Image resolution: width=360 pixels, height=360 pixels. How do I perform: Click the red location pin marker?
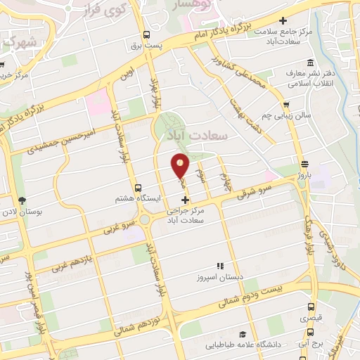click(181, 165)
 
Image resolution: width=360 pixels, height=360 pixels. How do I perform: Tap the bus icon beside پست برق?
click(146, 34)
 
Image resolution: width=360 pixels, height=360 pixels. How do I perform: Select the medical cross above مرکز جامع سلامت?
click(283, 21)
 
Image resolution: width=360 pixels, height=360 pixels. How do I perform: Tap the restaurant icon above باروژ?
click(302, 162)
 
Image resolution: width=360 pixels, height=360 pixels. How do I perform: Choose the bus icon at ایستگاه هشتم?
click(138, 188)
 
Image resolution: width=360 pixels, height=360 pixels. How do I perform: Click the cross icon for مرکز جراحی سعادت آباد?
click(185, 201)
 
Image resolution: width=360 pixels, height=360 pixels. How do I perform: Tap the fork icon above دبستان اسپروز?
click(219, 266)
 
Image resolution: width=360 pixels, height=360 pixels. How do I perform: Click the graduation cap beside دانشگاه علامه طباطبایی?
click(243, 335)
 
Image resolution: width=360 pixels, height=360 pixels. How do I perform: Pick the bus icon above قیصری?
click(311, 307)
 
